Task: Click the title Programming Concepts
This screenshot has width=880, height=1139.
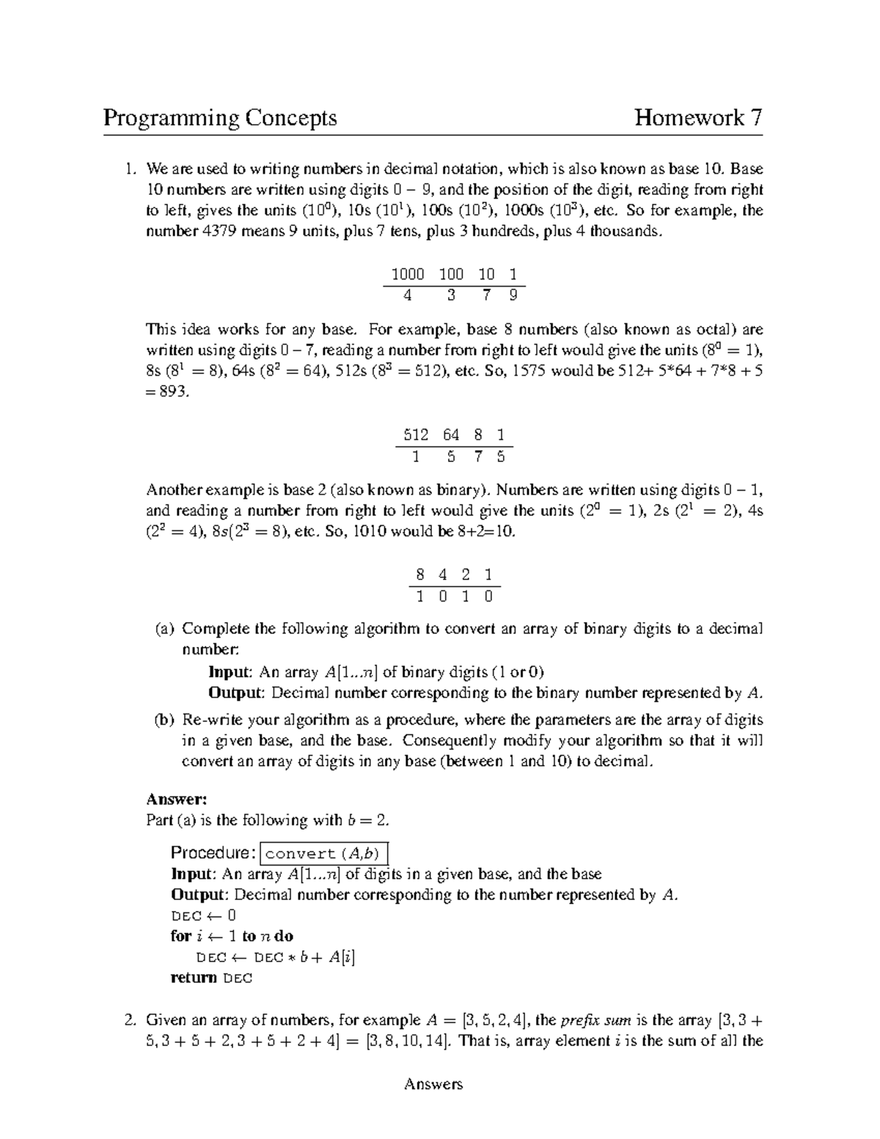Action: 220,118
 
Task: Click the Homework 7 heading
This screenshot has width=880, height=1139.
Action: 698,118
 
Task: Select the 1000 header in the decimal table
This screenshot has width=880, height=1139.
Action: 408,275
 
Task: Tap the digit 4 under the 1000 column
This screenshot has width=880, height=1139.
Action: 408,296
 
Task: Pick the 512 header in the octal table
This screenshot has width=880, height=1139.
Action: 417,435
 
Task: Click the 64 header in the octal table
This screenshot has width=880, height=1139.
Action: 451,435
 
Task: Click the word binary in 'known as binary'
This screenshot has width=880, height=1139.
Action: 461,490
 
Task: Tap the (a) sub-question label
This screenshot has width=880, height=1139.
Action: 164,629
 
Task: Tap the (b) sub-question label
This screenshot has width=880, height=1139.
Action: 164,720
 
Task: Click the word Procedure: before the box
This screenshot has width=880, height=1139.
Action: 213,853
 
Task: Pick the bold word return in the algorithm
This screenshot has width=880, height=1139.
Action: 194,978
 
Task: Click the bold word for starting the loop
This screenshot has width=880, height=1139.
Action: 180,936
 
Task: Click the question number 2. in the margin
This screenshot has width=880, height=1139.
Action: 130,1020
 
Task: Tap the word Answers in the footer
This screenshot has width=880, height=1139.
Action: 433,1085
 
